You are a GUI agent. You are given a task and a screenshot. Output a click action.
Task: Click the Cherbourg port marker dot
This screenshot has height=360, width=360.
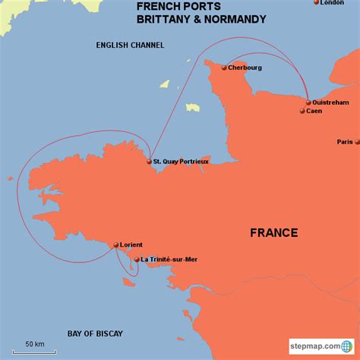[224, 68]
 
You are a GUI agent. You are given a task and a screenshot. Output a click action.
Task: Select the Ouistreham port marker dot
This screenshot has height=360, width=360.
[308, 103]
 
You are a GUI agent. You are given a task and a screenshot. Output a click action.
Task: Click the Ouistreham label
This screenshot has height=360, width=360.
[333, 102]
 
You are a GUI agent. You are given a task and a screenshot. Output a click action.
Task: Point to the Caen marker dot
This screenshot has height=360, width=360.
[302, 111]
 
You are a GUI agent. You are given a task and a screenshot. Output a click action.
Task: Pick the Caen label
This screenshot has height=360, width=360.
[314, 111]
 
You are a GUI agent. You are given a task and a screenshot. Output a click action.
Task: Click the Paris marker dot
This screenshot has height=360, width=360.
[358, 142]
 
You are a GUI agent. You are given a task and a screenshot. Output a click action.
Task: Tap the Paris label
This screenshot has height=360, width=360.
[345, 142]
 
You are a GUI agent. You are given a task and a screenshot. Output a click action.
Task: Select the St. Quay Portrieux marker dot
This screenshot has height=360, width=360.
[149, 162]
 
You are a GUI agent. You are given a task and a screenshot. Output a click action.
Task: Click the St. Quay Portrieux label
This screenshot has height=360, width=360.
[181, 162]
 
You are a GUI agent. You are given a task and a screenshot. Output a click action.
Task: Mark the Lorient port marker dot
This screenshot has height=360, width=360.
[115, 245]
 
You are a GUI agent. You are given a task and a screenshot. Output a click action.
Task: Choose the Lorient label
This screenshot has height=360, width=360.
[131, 245]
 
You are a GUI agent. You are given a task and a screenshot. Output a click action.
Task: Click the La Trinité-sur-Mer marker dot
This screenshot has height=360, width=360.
[137, 259]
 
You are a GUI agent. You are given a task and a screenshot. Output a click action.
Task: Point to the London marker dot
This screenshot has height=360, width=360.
[317, 2]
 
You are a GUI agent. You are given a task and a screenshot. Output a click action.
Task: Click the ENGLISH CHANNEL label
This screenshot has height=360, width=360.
[130, 46]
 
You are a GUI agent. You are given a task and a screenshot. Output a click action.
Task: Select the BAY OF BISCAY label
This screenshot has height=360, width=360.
[94, 333]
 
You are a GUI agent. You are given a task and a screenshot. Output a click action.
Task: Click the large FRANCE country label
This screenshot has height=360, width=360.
[273, 232]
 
